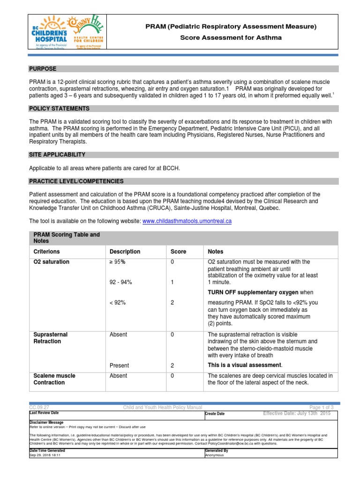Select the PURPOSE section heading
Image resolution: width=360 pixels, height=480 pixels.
coord(43,69)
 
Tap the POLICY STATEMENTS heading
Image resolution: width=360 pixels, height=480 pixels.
coord(59,109)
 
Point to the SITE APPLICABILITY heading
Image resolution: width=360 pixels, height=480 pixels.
coord(57,155)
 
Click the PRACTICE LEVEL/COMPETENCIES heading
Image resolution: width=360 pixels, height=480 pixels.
coord(76,181)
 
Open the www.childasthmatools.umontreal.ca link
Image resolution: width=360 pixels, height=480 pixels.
coord(187,221)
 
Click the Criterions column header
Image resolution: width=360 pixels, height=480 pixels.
coord(47,252)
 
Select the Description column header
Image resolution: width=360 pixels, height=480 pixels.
coord(125,252)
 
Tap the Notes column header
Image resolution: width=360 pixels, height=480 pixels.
coord(216,252)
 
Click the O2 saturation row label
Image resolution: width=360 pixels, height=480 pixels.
coord(51,262)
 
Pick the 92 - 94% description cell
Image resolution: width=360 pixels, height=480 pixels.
coord(121,283)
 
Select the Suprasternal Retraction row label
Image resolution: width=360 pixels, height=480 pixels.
coord(51,338)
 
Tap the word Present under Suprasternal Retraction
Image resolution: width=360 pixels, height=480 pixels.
coord(120,366)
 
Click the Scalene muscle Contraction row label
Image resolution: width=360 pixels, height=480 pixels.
coord(54,379)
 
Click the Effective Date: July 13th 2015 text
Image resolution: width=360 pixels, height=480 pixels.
coord(297,413)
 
